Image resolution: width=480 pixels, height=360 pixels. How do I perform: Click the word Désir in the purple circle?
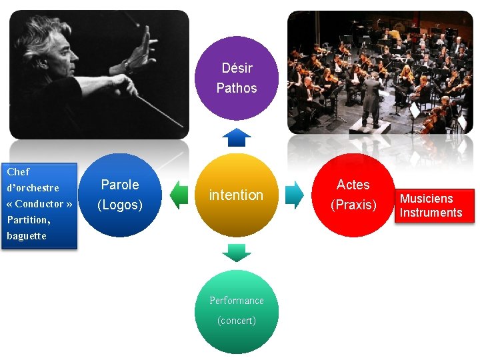click(237, 68)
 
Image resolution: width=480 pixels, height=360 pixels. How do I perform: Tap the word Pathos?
click(237, 88)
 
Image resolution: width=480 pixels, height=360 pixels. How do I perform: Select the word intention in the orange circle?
click(236, 195)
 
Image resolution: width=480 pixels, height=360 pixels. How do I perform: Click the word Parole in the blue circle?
click(120, 185)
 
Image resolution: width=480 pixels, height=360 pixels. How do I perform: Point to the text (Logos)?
click(120, 205)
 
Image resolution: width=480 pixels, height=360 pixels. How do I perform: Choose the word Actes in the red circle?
click(353, 185)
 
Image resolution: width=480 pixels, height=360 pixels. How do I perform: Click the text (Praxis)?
click(353, 205)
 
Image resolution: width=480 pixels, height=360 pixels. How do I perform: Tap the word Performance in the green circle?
click(237, 301)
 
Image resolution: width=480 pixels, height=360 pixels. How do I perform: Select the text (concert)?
click(237, 321)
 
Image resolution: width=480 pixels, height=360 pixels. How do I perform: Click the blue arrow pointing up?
click(236, 137)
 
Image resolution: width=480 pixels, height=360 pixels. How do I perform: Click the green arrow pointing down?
click(236, 253)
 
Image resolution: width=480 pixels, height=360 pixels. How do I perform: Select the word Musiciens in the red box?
click(426, 199)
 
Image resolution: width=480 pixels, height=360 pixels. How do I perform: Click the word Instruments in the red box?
click(431, 213)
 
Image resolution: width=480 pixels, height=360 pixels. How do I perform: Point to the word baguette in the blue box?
click(27, 235)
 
